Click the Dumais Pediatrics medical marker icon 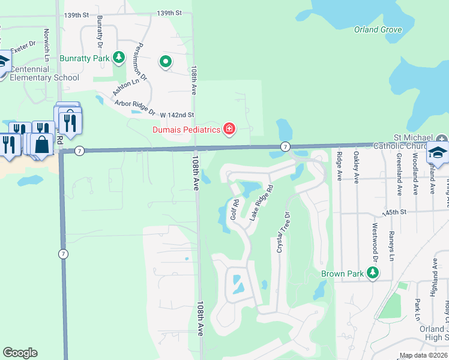[229, 129]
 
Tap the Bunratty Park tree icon [119, 58]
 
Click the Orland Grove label [378, 29]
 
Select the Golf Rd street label [235, 209]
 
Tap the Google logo [20, 353]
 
